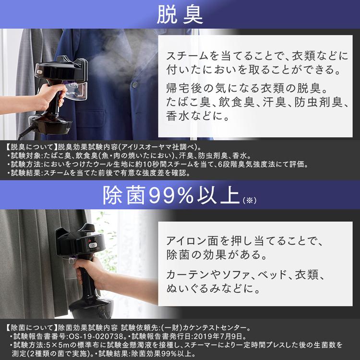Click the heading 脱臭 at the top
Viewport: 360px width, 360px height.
(180, 15)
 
